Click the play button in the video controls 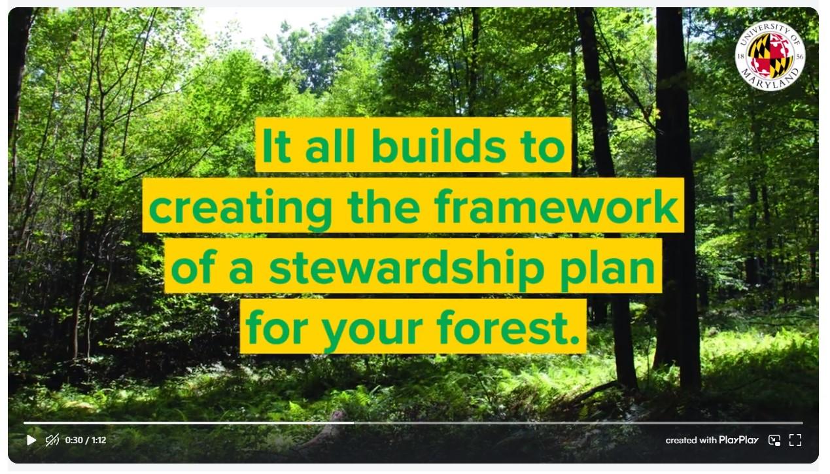click(x=31, y=440)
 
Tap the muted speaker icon click(x=52, y=440)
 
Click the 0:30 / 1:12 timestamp click(x=86, y=440)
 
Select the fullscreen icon click(x=795, y=440)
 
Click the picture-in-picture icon click(x=774, y=440)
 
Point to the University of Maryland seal click(x=770, y=55)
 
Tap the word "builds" click(x=439, y=145)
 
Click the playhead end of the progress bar click(x=354, y=423)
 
